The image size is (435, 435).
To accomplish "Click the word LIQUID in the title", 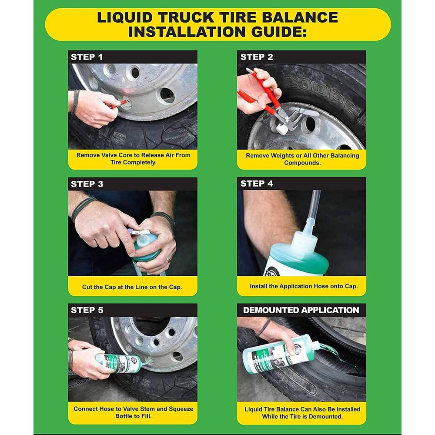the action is point(124,17).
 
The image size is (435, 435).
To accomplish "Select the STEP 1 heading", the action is point(87,57).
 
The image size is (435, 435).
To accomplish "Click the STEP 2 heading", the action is point(257,57).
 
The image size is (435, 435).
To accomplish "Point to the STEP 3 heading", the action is point(87,184).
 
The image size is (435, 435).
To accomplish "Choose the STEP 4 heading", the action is point(257,184).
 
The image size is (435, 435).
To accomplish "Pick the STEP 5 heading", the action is point(87,310).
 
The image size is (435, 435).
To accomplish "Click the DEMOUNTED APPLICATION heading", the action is point(301,310).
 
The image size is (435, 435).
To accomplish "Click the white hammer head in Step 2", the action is point(282,129).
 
